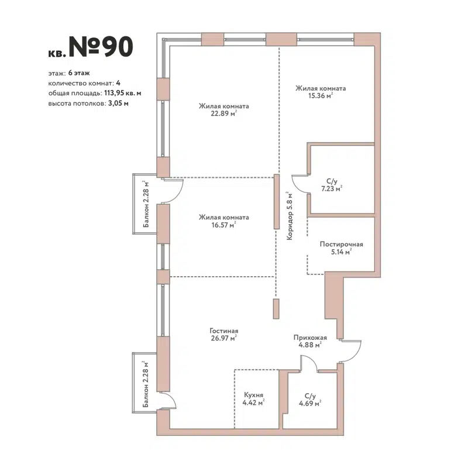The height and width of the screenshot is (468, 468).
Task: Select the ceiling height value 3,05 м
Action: pyautogui.click(x=118, y=102)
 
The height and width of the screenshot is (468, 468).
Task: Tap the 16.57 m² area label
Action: pyautogui.click(x=223, y=225)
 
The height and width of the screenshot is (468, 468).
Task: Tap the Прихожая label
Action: pyautogui.click(x=309, y=338)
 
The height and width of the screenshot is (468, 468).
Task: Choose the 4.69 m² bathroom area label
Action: pyautogui.click(x=309, y=403)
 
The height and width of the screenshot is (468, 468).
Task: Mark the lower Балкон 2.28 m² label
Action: pyautogui.click(x=146, y=384)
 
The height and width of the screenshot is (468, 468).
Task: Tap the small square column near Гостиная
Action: pyautogui.click(x=276, y=309)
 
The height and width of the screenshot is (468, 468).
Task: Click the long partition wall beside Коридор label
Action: pyautogui.click(x=277, y=202)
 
